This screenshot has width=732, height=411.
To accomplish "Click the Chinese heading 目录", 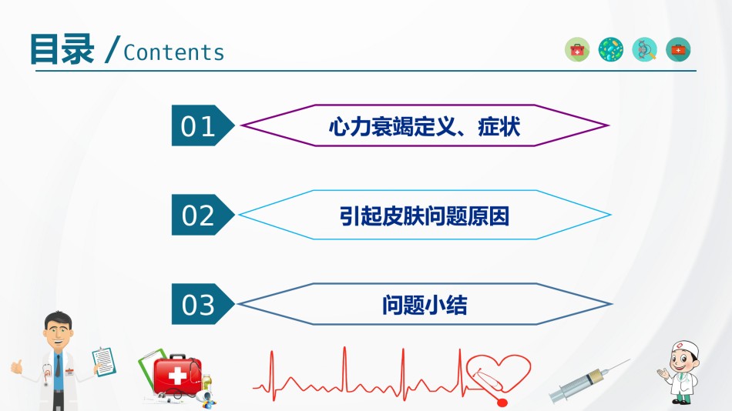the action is point(62,49).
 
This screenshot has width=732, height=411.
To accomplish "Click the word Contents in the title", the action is point(173,52).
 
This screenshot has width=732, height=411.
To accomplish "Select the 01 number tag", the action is point(203,125).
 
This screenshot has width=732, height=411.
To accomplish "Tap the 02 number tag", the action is point(203,215).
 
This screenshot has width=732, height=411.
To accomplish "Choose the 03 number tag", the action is point(203,304).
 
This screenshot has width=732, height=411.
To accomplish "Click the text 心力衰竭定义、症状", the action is point(425,126).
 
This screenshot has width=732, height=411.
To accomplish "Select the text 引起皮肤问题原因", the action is point(425,216).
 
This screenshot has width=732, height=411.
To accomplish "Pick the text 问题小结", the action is point(425,305).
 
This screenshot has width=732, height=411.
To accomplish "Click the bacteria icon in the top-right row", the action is point(610,49).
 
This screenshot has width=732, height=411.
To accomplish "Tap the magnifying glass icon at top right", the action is point(645,49).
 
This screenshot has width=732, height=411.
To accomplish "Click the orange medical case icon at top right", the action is point(678,49).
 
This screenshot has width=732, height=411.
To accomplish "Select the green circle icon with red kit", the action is point(577,49).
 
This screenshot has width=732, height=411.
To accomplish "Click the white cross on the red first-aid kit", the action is point(177,376).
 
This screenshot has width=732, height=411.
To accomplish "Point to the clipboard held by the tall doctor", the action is point(104,362).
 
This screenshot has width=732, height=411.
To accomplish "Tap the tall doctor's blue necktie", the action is point(58,366).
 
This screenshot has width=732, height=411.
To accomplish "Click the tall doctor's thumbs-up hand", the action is point(17,366).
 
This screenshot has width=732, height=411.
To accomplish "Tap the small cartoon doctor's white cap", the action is point(686,348).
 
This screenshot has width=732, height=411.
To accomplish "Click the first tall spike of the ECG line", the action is point(272,373).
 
